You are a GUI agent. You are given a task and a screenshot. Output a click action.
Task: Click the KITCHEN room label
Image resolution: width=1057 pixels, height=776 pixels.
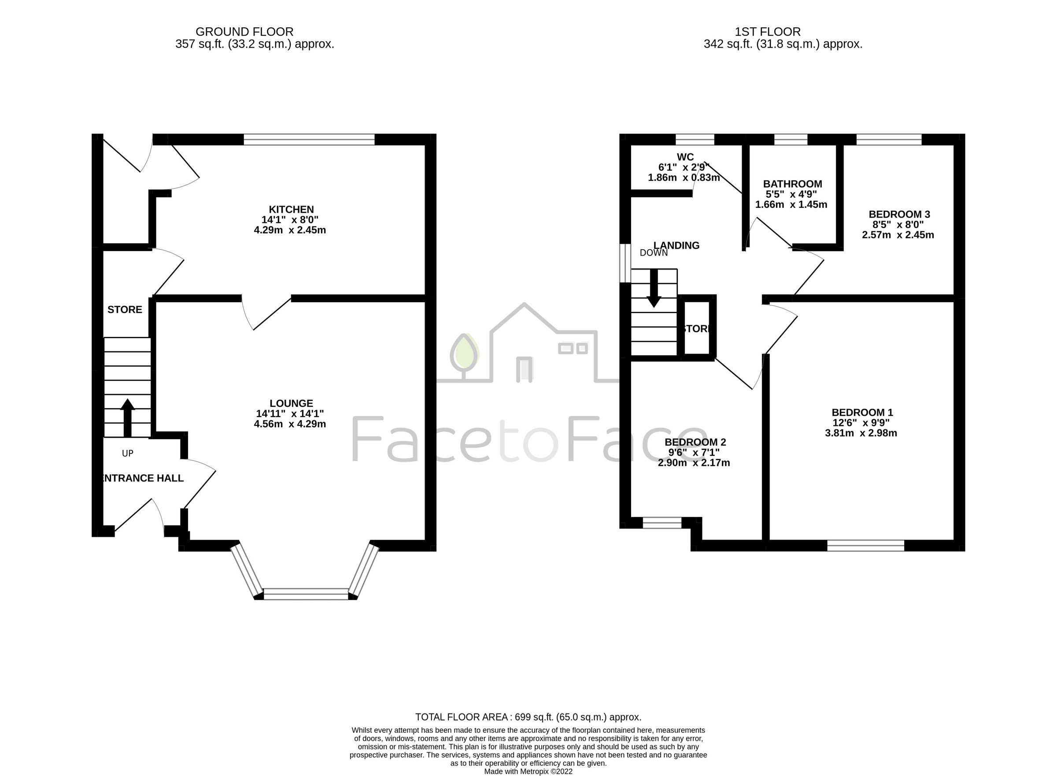tap(291, 210)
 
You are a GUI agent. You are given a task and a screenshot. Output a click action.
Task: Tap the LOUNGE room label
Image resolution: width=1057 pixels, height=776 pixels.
tap(291, 403)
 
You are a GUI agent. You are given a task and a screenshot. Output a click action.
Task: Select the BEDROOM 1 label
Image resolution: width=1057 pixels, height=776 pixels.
tap(861, 412)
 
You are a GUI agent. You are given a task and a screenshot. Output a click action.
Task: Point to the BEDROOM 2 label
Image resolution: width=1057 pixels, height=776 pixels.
tap(695, 442)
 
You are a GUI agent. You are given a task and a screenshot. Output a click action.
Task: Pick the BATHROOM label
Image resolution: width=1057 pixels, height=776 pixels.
tap(792, 184)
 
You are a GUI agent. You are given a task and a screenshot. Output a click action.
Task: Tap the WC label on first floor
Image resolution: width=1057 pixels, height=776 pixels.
tap(685, 157)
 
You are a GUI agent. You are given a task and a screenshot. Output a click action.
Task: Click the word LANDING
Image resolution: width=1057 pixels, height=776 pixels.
tap(676, 245)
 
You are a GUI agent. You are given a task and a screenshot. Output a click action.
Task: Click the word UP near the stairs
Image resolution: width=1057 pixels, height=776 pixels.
tap(127, 453)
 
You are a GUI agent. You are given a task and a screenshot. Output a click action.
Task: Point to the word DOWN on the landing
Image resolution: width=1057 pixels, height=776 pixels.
tap(654, 253)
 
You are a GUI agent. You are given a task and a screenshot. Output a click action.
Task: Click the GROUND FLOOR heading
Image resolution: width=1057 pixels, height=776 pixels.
tap(244, 32)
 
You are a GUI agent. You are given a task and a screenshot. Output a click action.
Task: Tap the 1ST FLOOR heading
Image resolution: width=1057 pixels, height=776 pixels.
tap(767, 32)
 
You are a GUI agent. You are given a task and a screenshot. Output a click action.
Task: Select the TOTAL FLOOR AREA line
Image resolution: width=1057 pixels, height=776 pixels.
tap(528, 717)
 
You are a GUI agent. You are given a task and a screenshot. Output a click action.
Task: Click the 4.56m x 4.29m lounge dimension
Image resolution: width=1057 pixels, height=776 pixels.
tap(289, 424)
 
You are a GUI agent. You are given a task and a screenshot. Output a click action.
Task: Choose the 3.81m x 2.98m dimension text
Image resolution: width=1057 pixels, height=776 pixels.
tap(861, 433)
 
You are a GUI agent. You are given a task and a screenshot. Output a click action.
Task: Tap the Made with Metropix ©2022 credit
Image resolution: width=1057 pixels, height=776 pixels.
tap(528, 771)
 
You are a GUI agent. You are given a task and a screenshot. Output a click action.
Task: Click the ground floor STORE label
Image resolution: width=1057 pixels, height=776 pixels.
tap(125, 310)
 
